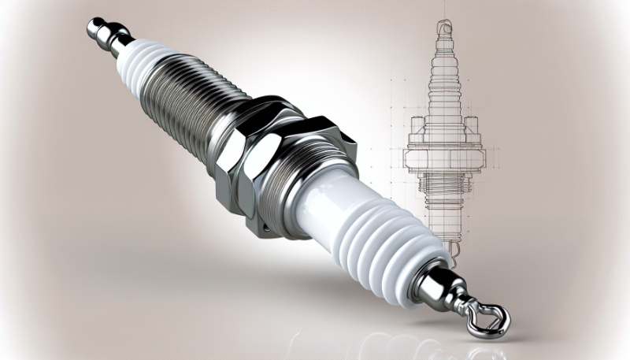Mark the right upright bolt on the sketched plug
(473, 126)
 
